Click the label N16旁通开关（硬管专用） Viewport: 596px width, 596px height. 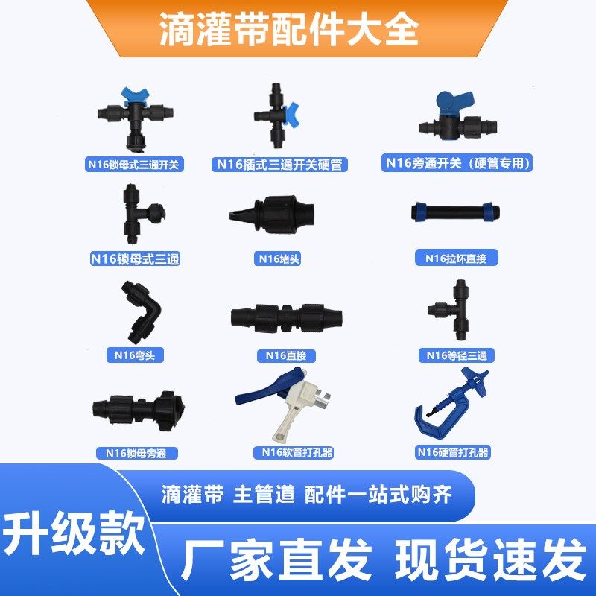click(x=457, y=162)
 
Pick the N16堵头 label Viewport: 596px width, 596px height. click(x=280, y=259)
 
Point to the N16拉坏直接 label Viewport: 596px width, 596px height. click(x=456, y=259)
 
